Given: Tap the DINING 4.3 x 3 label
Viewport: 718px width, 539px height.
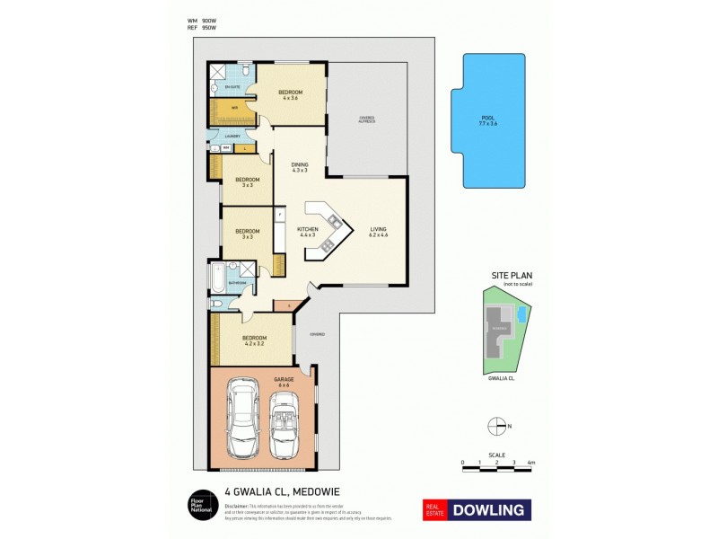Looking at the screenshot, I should (x=300, y=167).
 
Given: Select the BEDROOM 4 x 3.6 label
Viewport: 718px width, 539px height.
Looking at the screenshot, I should (x=290, y=95).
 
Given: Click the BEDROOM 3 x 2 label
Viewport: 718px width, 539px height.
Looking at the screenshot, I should (x=248, y=182).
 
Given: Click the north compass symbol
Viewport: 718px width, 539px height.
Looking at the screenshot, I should (x=494, y=426).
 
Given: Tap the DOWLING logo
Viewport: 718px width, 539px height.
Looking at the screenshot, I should (x=477, y=510).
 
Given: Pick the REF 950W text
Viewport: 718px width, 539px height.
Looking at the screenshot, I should (x=203, y=28).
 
